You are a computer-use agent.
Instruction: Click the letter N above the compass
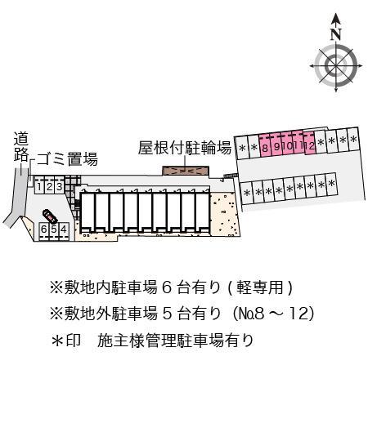[x=335, y=34]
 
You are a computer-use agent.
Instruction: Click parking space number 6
[x=43, y=229]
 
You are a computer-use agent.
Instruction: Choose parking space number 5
[x=53, y=229]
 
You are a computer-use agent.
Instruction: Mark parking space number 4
[x=63, y=229]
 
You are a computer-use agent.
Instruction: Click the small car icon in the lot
[x=50, y=216]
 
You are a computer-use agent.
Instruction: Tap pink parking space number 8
[x=266, y=147]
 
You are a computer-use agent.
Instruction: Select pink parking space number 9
[x=277, y=147]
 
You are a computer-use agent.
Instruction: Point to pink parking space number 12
[x=311, y=146]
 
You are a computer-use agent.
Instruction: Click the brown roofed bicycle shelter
[x=186, y=171]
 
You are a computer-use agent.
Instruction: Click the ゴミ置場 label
[x=68, y=159]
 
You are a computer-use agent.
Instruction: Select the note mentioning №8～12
[x=182, y=314]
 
